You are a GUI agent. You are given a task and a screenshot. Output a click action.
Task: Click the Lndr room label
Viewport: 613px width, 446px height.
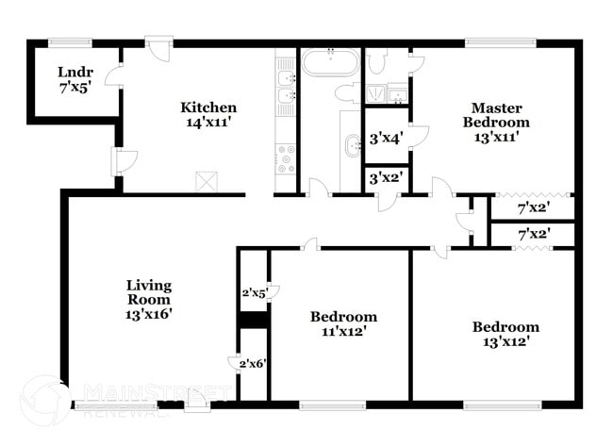coord(73,72)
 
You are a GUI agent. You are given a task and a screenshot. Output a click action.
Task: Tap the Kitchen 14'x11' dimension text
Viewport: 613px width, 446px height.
coord(208,123)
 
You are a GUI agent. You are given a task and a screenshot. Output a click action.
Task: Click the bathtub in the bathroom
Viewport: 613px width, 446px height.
coord(329,63)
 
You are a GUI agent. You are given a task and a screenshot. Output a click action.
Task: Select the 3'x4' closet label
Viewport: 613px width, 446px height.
coord(386,139)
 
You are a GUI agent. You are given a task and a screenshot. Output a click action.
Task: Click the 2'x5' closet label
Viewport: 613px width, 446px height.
coord(253,293)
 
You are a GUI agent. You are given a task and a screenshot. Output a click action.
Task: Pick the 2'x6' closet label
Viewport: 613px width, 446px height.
coord(252,364)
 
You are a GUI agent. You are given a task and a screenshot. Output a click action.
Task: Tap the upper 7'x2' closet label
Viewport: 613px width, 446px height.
coord(534,206)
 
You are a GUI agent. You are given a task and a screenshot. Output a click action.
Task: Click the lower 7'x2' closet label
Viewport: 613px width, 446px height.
coord(534,233)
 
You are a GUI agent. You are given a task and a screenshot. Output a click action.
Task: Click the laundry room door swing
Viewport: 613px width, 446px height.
coord(113,74)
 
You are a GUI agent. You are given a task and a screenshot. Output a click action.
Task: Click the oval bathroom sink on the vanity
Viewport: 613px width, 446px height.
coord(353,146)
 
